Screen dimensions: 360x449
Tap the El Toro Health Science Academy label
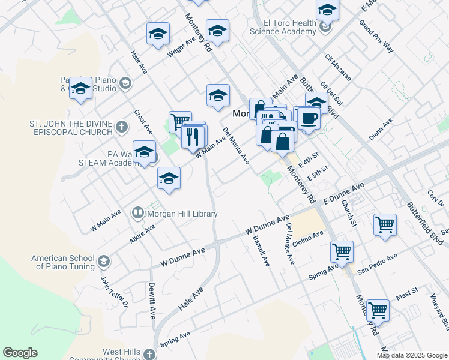click(x=283, y=27)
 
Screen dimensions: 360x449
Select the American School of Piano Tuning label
click(x=63, y=262)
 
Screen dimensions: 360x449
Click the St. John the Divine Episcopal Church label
click(x=71, y=128)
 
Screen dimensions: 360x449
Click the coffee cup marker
click(x=309, y=118)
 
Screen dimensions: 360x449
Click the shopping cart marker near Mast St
click(x=378, y=310)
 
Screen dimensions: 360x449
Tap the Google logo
click(x=20, y=353)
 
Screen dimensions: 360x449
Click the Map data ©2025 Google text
click(x=412, y=355)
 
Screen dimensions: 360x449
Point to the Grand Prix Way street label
click(x=376, y=37)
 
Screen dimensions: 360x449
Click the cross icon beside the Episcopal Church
click(x=121, y=127)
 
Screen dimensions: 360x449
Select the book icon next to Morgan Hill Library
click(x=138, y=213)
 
